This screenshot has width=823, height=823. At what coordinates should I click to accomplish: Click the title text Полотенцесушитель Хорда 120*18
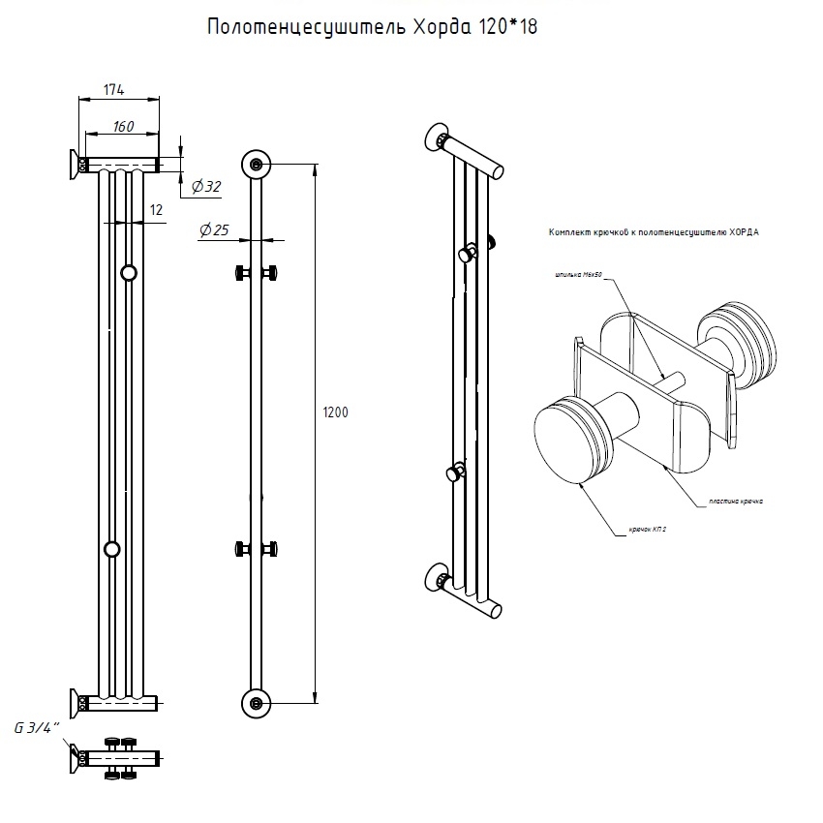point(373,27)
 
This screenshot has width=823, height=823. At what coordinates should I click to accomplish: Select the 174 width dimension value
point(114,90)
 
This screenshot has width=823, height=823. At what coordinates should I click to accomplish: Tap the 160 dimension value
point(122,126)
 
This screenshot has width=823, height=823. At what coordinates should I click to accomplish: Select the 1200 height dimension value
point(334,411)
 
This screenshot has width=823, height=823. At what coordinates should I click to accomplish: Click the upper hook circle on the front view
point(129,273)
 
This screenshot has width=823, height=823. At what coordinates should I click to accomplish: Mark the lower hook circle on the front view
point(112,550)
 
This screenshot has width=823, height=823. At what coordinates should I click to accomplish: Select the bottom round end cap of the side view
point(256,702)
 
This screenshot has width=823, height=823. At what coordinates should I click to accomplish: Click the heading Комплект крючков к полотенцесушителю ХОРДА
point(654,233)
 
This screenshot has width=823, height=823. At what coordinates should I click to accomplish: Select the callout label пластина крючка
point(735,502)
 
